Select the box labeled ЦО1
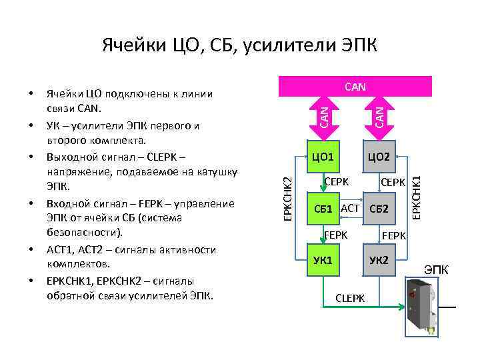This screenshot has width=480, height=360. tap(322, 157)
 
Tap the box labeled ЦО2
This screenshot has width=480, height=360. tap(379, 157)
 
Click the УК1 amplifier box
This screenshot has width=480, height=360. tap(322, 259)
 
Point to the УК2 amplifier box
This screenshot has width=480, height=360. tap(379, 259)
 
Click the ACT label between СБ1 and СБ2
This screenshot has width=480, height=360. tap(350, 208)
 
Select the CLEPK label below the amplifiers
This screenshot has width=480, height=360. tap(351, 298)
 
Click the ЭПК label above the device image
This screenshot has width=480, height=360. tap(437, 270)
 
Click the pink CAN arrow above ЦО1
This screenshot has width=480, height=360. tap(323, 113)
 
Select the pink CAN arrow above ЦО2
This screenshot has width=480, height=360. tap(379, 113)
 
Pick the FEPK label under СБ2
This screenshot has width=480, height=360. tap(393, 235)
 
